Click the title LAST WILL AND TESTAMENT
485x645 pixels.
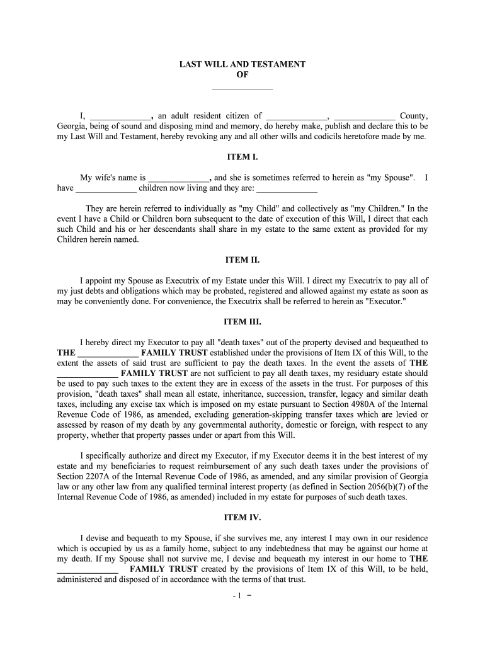[x=242, y=64]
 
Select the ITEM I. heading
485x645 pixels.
[x=242, y=157]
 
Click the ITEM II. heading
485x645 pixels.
[x=242, y=260]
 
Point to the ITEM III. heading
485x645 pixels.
[x=242, y=321]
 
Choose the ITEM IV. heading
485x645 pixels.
[x=242, y=518]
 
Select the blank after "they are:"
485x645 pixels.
[x=287, y=188]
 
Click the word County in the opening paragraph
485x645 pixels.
[x=414, y=116]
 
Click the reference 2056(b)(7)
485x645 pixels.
[x=388, y=486]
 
